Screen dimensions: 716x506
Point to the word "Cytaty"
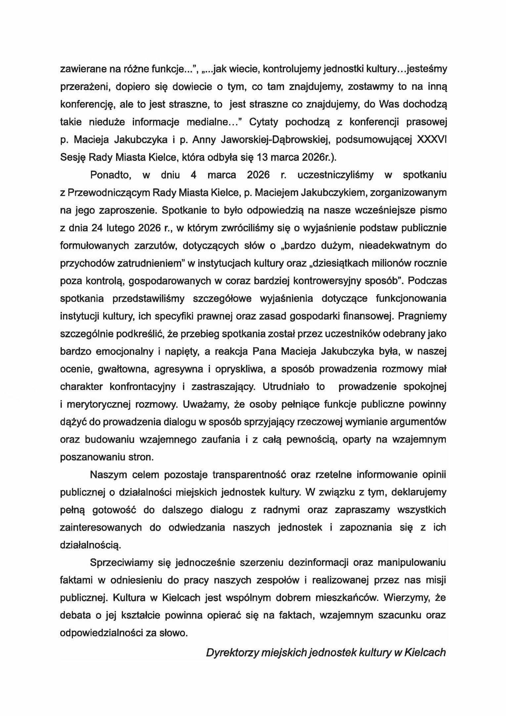pyautogui.click(x=264, y=122)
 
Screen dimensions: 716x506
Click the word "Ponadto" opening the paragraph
pyautogui.click(x=111, y=175)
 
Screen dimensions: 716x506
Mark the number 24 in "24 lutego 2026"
pyautogui.click(x=94, y=228)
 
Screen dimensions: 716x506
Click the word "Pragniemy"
pyautogui.click(x=422, y=316)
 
